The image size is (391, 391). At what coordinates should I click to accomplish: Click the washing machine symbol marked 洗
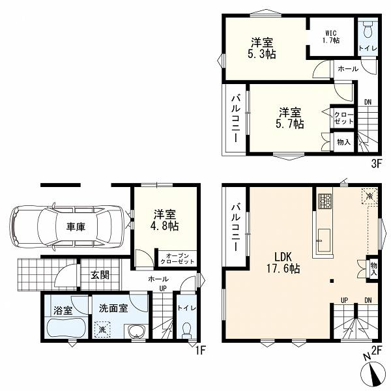[x=102, y=330]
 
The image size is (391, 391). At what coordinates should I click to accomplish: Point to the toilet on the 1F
[x=187, y=330]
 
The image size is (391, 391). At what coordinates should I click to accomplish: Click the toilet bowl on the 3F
[x=368, y=29]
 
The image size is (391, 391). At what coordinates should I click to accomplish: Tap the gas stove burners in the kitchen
[x=325, y=201]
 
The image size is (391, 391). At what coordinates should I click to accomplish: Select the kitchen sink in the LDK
[x=323, y=240]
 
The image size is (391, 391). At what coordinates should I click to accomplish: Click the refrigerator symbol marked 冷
[x=369, y=196]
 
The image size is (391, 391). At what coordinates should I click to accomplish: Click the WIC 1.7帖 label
[x=331, y=36]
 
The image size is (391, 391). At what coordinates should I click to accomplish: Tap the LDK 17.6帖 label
[x=283, y=263]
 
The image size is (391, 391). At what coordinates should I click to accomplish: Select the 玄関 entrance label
[x=100, y=275]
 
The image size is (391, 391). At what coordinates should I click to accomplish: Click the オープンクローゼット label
[x=177, y=259]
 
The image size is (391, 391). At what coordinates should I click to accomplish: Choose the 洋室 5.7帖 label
[x=290, y=118]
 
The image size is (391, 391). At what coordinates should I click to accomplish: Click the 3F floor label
[x=377, y=164]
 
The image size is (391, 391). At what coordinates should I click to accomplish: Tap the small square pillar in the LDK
[x=332, y=281]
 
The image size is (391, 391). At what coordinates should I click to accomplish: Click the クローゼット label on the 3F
[x=343, y=118]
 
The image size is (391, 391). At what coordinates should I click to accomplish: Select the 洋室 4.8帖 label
[x=165, y=220]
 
